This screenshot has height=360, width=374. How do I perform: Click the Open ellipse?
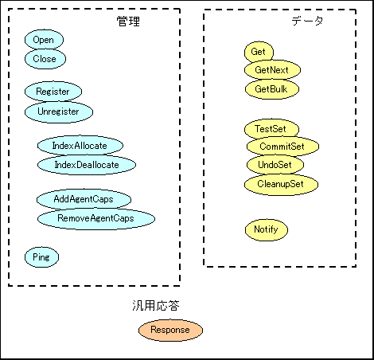tap(44, 40)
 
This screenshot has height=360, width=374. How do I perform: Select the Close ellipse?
tap(45, 59)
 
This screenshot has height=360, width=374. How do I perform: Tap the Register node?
tap(53, 92)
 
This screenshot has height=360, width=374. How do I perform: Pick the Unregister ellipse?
tap(59, 112)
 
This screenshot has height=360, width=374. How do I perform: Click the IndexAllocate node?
tap(80, 146)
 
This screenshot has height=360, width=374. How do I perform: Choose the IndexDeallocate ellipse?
tap(87, 165)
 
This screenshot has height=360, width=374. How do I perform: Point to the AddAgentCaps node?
tap(84, 199)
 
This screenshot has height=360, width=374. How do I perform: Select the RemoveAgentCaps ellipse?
tap(96, 219)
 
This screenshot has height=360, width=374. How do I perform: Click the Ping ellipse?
tap(41, 257)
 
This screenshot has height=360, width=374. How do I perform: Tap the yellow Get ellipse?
tap(259, 52)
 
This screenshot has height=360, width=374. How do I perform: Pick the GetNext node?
tap(272, 70)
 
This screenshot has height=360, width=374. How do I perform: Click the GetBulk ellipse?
tap(272, 89)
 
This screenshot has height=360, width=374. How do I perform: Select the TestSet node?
tap(271, 129)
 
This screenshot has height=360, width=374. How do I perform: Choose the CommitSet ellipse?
tap(282, 147)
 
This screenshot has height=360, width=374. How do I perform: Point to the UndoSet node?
tap(275, 165)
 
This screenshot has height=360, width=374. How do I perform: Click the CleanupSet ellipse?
tap(281, 184)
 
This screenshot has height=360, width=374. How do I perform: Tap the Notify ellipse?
tap(267, 229)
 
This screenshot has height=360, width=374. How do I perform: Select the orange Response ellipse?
tap(170, 330)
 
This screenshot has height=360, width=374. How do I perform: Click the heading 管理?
tap(128, 22)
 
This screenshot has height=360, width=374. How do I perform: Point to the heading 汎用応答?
tap(156, 306)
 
